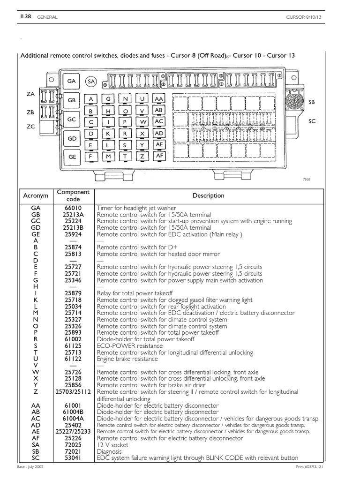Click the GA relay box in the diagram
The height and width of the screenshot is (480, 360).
71,81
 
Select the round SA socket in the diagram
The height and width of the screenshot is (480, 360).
91,82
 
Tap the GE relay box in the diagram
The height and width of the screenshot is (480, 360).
72,157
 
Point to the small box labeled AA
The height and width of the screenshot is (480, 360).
159,99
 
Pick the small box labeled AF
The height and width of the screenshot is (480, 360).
159,155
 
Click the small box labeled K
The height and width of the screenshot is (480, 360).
108,134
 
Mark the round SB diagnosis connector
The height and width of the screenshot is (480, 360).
294,101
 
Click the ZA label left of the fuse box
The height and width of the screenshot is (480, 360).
31,94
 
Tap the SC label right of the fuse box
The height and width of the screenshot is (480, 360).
312,121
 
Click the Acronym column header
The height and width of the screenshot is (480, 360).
36,195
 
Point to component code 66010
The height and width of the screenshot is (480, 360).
73,208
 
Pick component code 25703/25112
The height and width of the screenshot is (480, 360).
73,391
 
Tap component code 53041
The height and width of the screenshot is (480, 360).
73,458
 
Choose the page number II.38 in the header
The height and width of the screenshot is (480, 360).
25,17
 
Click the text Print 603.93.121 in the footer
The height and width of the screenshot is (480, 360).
336,467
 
